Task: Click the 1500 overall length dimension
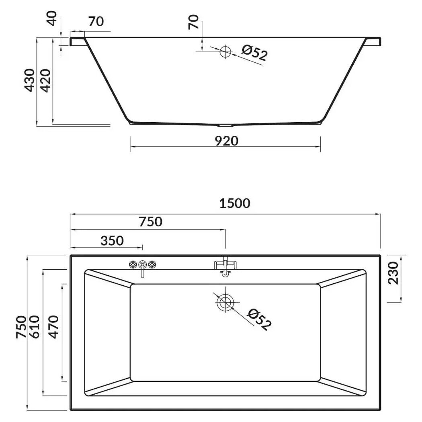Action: [235, 203]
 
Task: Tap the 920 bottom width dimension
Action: [227, 141]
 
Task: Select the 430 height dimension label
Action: [30, 80]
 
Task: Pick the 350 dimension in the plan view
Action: [112, 241]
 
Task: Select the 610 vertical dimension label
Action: [35, 327]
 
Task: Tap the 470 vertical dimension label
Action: [53, 327]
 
